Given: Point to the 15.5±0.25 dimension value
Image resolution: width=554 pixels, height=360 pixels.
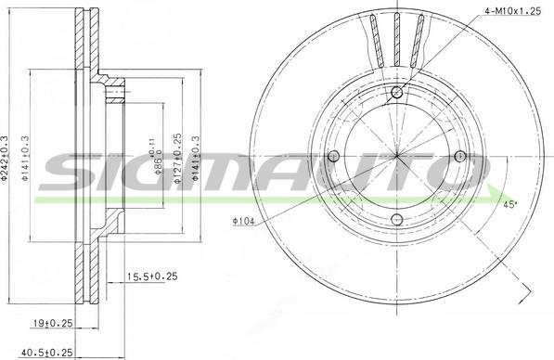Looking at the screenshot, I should (x=151, y=276).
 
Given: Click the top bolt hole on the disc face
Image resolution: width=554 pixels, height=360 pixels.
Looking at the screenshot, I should (x=397, y=91).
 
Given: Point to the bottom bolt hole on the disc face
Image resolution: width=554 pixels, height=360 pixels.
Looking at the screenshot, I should (x=397, y=219).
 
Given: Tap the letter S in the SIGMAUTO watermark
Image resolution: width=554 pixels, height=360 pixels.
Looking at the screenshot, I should (x=74, y=173).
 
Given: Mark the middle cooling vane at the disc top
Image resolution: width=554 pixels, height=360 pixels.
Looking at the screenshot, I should (x=396, y=37).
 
